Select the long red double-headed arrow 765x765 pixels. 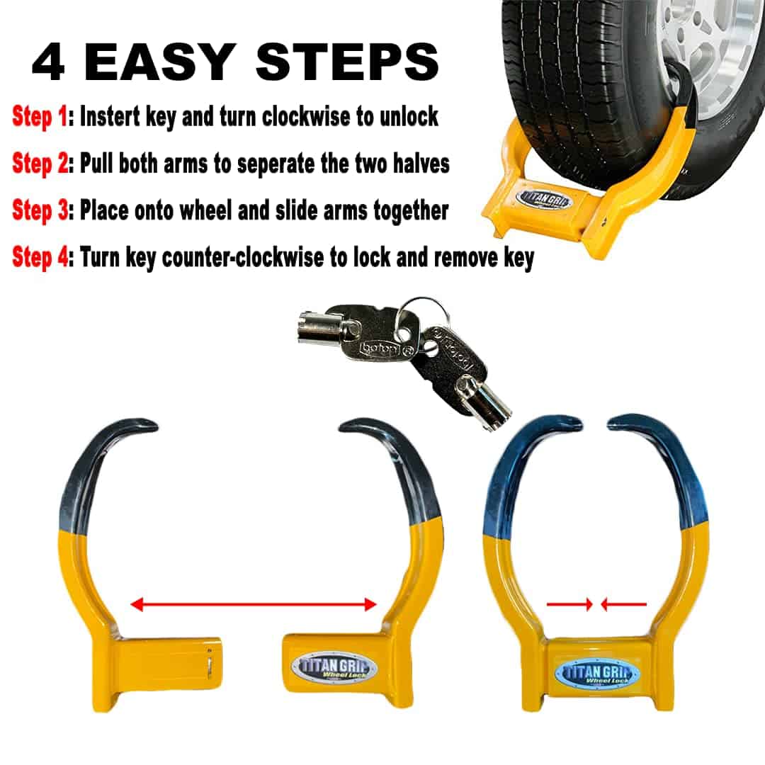(254, 604)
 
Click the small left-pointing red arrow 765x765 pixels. (623, 604)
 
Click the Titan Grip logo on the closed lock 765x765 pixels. (596, 674)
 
